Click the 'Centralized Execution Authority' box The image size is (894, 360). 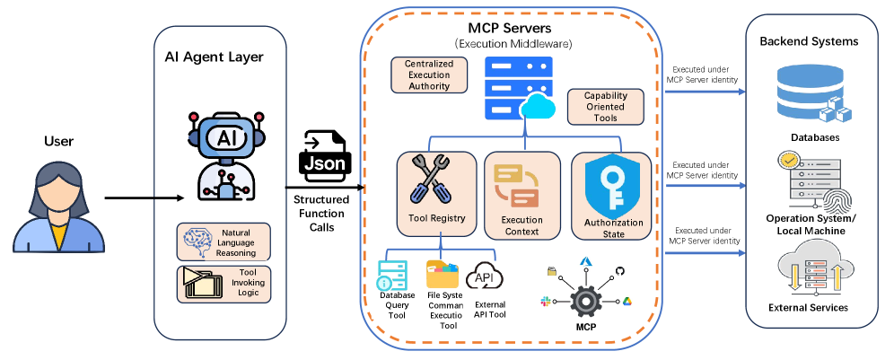point(429,75)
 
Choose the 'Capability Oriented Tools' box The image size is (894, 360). point(605,107)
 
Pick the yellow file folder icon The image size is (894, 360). point(442,275)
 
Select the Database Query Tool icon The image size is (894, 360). point(392,276)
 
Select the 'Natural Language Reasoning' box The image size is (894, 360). point(223,241)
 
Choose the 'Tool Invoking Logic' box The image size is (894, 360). point(223,284)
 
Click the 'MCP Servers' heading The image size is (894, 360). point(511,28)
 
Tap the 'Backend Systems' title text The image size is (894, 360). point(809,41)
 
